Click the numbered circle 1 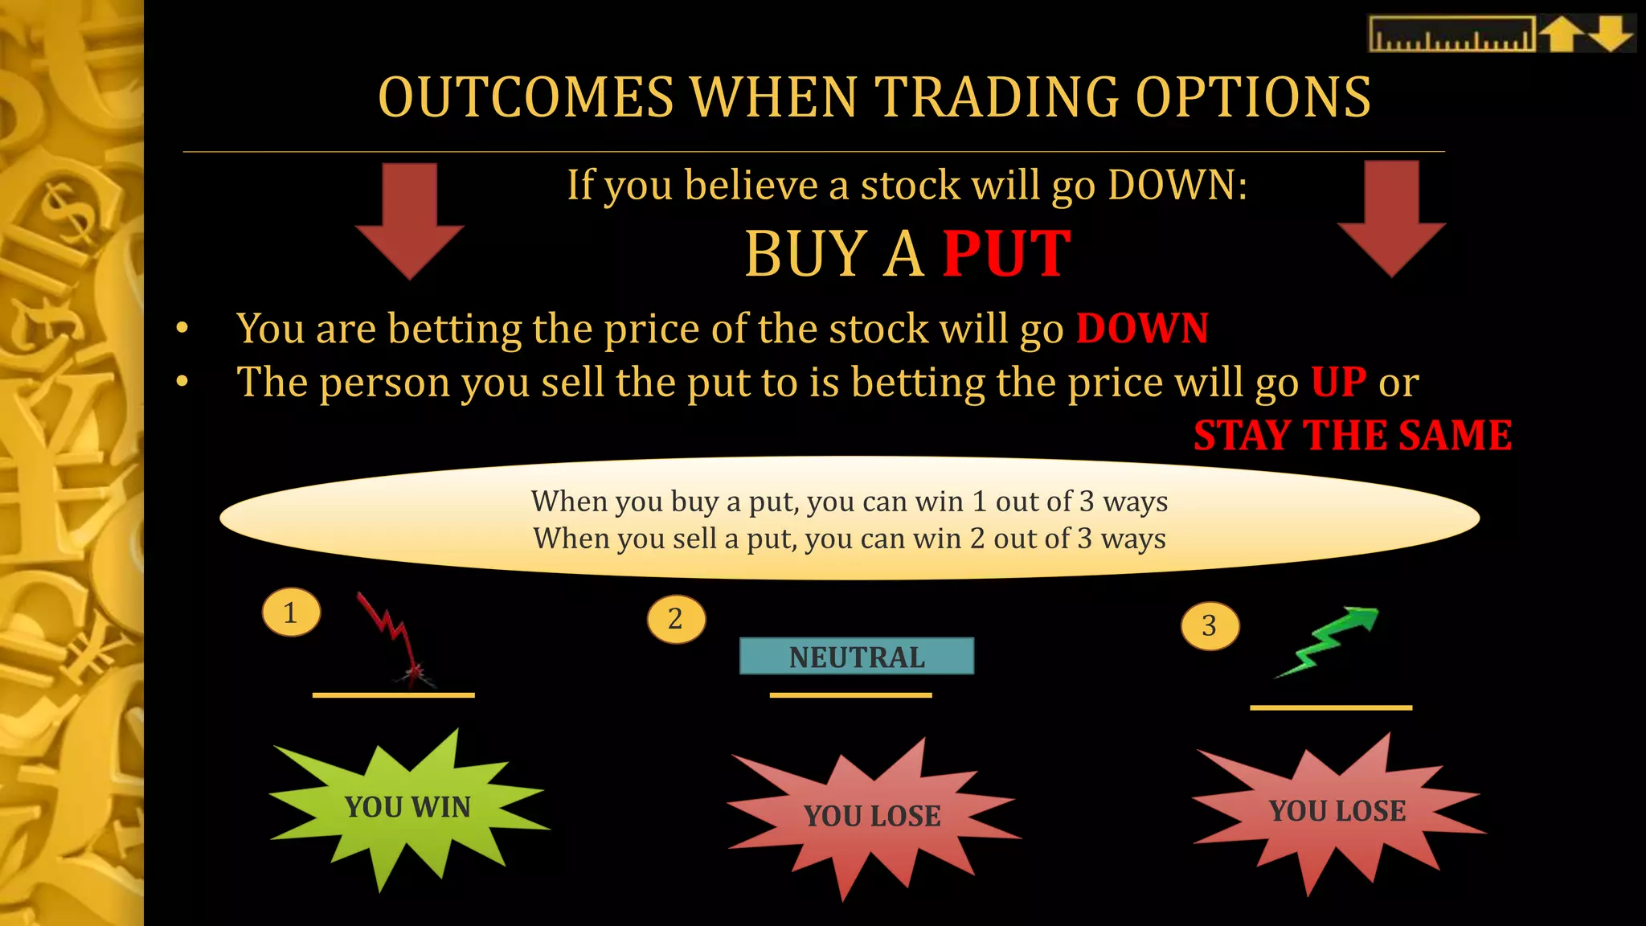(x=291, y=613)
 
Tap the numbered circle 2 (x=676, y=619)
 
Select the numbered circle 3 (x=1210, y=625)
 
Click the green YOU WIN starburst (x=408, y=808)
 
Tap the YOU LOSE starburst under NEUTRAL (x=872, y=816)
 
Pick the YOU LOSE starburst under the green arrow (x=1337, y=811)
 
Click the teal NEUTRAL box (x=857, y=657)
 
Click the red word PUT (x=1006, y=254)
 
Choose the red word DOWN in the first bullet (x=1142, y=329)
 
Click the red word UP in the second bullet (x=1338, y=382)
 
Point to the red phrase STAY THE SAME (x=1353, y=436)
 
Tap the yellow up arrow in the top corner (x=1562, y=35)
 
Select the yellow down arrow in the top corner (x=1611, y=35)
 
